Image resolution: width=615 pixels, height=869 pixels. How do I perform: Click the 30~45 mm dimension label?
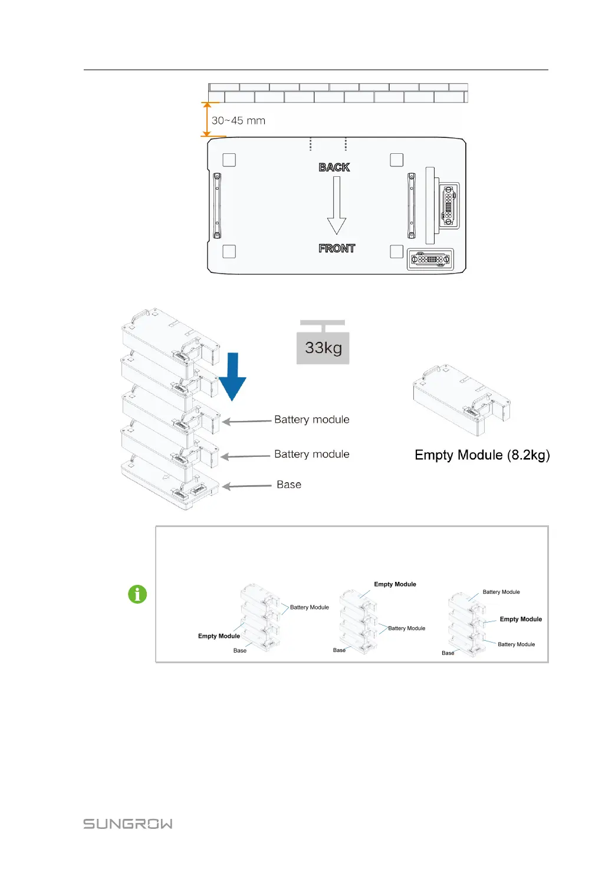point(238,121)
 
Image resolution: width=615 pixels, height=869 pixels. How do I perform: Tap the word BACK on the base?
point(334,167)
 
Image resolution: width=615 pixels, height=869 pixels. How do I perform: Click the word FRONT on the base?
point(337,249)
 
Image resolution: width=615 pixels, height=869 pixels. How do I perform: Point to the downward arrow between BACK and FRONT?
point(337,206)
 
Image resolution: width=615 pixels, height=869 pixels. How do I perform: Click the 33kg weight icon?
point(323,344)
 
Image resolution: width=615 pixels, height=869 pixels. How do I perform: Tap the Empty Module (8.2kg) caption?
point(482,455)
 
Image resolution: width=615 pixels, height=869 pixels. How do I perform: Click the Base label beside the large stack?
point(289,485)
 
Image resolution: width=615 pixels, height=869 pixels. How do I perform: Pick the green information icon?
point(137,594)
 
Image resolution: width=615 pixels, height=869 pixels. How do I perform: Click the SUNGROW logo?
point(128,824)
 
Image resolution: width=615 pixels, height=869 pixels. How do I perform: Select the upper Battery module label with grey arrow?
point(311,420)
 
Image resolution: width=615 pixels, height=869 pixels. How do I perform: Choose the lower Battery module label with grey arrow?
point(311,455)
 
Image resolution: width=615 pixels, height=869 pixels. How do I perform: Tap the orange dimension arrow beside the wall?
point(206,120)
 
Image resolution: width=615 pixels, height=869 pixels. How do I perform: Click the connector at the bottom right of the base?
point(430,259)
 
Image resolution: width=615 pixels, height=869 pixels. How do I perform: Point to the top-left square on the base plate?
point(229,160)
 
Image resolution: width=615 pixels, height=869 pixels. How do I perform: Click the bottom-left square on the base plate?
point(229,252)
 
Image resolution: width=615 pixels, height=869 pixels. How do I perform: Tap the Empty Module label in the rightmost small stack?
point(521,619)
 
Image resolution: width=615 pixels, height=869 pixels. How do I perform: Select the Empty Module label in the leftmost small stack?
point(219,636)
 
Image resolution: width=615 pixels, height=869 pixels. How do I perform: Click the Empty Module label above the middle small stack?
point(395,584)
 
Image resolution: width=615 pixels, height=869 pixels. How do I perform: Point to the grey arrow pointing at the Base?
point(246,486)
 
